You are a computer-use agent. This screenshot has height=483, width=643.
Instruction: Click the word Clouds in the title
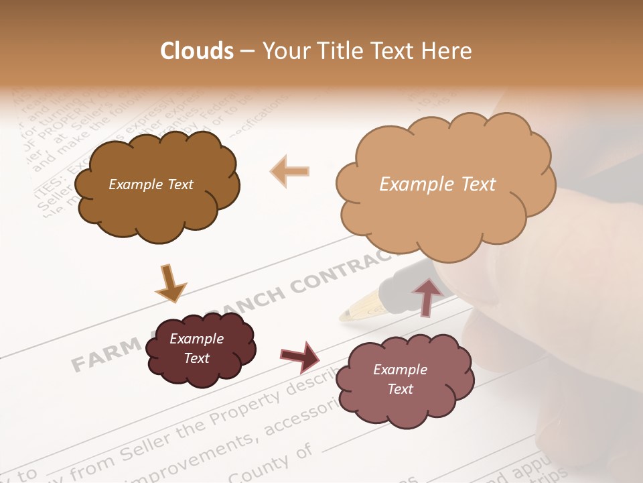coord(197,51)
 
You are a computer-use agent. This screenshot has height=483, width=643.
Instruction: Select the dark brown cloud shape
coord(156,201)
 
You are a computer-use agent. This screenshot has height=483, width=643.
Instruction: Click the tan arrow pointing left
coord(289,171)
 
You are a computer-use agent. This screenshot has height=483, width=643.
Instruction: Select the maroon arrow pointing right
coord(299,356)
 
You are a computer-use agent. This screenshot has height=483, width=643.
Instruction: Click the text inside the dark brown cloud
coord(151,184)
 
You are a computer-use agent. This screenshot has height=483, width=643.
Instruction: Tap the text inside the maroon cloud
coord(196,348)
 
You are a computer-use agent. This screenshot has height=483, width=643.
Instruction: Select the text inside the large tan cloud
coord(437,184)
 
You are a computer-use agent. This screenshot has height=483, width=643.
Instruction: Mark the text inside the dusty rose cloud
coord(400,379)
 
